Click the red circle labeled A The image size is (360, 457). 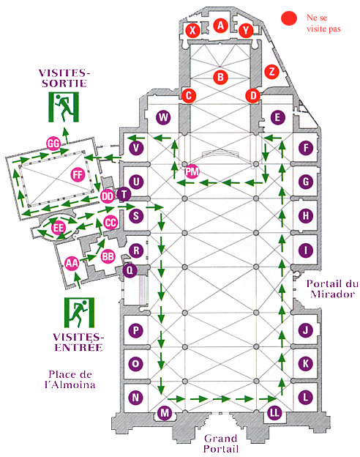(220, 26)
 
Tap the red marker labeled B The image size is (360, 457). (220, 77)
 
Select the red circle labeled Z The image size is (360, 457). (271, 72)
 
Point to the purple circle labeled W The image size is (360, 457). (163, 117)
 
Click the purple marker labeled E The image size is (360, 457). (277, 117)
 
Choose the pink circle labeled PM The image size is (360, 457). (192, 171)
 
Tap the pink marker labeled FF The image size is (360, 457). (78, 174)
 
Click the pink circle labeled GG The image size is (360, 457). (53, 143)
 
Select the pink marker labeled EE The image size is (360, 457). (58, 227)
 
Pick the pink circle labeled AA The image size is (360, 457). (72, 264)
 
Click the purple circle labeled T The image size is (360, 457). (124, 194)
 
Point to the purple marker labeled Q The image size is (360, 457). (130, 270)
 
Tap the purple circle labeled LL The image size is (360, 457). (274, 412)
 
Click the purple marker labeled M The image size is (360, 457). (165, 412)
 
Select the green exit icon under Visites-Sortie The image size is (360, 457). (64, 107)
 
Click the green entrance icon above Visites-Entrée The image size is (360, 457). (79, 313)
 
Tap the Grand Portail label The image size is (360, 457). (221, 443)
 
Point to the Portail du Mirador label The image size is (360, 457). (332, 289)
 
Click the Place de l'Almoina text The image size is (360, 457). (70, 379)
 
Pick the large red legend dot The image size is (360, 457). (289, 18)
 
